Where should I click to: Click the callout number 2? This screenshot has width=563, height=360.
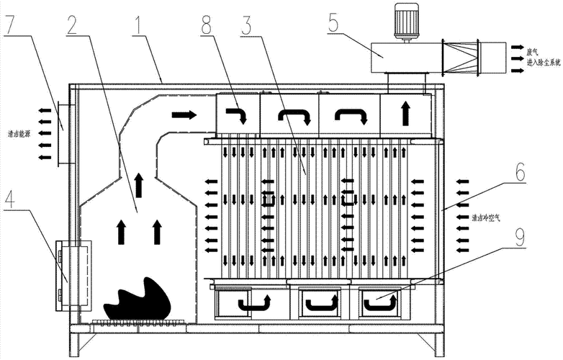pos(71,24)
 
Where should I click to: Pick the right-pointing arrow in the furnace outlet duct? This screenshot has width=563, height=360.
pos(184,114)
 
